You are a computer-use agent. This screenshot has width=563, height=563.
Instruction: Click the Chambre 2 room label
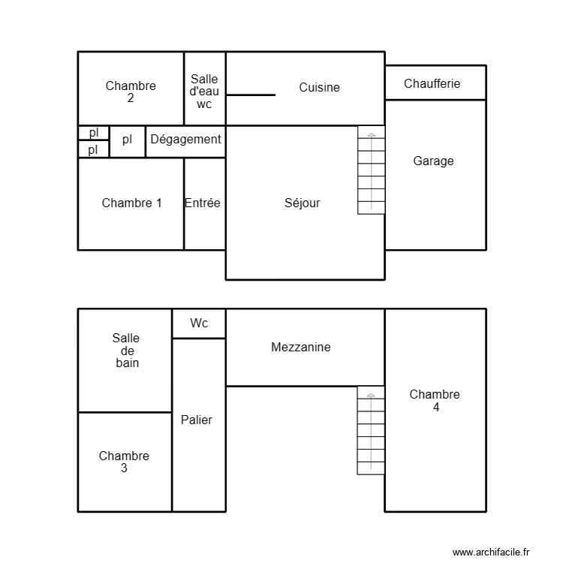[131, 92]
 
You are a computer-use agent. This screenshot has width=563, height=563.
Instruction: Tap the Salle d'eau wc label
[204, 92]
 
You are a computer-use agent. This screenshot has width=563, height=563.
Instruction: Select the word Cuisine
[319, 88]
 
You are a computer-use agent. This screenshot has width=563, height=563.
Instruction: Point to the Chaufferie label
[432, 83]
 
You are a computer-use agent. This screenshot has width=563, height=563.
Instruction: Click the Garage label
[433, 161]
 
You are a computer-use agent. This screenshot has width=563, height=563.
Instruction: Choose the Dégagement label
[185, 140]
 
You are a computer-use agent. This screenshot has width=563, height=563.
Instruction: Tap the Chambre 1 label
[131, 203]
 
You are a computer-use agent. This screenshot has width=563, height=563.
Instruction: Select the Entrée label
[203, 203]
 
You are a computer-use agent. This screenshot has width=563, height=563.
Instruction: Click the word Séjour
[302, 203]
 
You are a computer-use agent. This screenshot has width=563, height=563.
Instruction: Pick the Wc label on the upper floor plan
[199, 323]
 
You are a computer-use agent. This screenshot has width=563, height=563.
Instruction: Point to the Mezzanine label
[300, 348]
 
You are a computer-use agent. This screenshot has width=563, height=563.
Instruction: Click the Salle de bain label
[126, 351]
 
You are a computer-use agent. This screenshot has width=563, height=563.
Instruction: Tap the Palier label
[197, 420]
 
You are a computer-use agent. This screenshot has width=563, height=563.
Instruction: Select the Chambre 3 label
[124, 462]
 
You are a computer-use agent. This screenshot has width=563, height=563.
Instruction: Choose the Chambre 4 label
[435, 401]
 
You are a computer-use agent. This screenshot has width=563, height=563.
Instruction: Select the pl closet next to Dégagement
[127, 140]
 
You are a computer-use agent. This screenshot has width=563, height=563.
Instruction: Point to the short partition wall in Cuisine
[251, 95]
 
